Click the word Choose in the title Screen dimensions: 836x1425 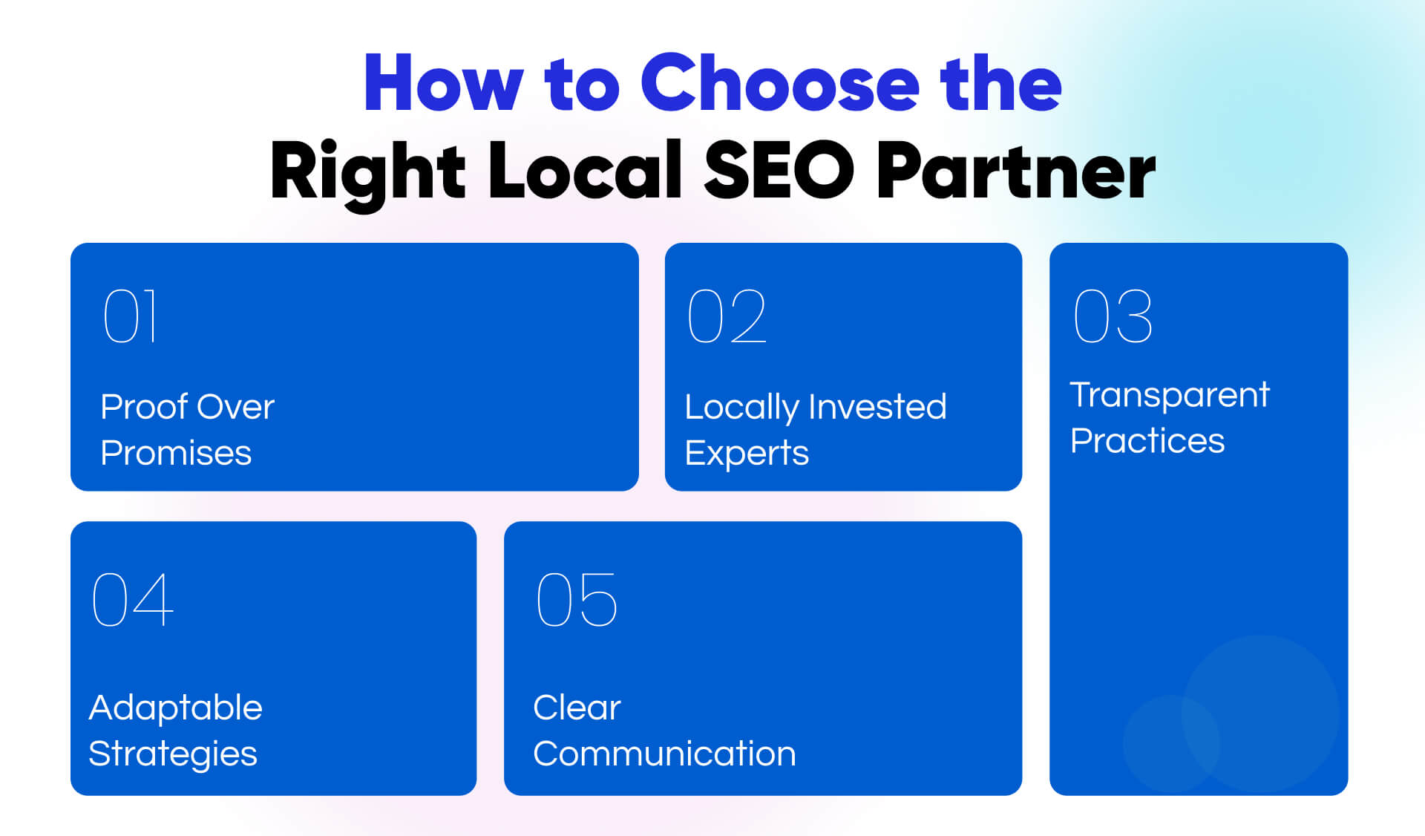(779, 84)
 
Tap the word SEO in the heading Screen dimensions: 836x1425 (779, 172)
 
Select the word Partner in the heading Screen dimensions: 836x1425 (1016, 172)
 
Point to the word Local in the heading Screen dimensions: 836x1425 (584, 172)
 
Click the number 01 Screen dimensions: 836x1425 (131, 316)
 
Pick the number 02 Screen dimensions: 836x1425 (727, 316)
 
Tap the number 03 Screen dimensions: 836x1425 (1113, 316)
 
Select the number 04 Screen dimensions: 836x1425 (132, 599)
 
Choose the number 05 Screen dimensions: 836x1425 (576, 599)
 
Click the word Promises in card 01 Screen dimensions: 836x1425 (176, 453)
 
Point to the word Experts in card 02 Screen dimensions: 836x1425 (747, 453)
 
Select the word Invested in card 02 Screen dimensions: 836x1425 (877, 407)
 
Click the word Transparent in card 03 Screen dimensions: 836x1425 (1170, 395)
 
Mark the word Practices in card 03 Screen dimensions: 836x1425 (1147, 441)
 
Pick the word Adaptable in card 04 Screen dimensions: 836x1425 (176, 708)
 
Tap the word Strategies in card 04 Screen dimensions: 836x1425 (173, 754)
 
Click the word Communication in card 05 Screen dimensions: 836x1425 (664, 754)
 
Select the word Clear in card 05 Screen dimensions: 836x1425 (577, 708)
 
